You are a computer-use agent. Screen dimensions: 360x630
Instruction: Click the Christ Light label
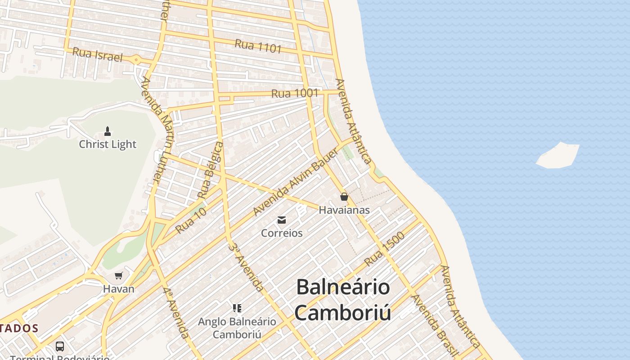[108, 144]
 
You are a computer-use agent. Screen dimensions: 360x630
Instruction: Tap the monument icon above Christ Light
[108, 131]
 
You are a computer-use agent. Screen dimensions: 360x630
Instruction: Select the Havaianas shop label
[344, 210]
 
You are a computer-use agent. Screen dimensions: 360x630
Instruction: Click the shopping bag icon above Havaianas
[344, 197]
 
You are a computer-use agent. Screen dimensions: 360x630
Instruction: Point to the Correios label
[282, 233]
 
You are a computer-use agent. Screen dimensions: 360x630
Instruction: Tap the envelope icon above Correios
[282, 220]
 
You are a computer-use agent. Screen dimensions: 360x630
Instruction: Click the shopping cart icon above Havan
[119, 275]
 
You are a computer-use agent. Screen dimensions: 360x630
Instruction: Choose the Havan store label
[119, 289]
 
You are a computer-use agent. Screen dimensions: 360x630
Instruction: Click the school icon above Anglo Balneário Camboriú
[237, 308]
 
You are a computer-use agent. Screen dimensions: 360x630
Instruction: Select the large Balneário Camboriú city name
[343, 300]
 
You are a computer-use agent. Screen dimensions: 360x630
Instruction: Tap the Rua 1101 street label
[258, 46]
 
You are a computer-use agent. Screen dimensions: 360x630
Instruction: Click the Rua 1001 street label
[295, 94]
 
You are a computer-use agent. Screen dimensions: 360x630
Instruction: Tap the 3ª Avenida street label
[246, 266]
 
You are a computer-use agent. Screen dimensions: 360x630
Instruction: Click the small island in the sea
[558, 156]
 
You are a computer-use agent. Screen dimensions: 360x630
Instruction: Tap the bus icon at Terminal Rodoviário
[60, 346]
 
